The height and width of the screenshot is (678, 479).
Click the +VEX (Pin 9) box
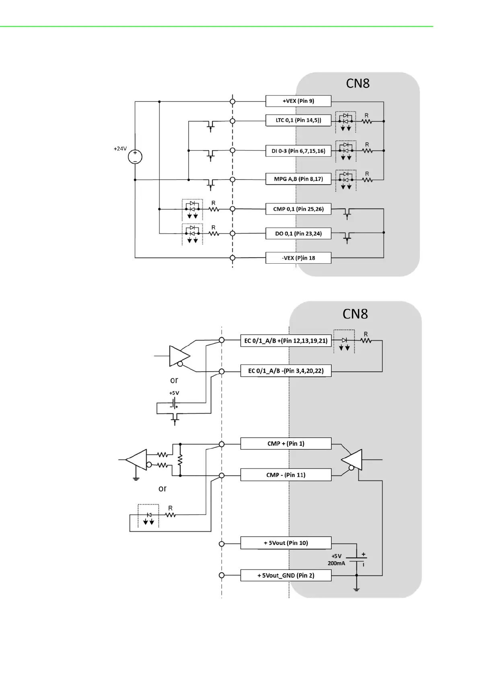click(298, 101)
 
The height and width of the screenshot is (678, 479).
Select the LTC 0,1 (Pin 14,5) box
click(298, 120)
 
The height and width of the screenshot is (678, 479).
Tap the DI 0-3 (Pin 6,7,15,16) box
click(298, 151)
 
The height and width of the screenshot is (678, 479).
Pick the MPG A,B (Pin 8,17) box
click(298, 179)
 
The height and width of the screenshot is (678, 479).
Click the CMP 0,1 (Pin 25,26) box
click(298, 209)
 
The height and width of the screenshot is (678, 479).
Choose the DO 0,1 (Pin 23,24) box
click(298, 234)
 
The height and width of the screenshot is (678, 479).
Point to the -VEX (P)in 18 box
click(298, 258)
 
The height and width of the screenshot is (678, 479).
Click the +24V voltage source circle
click(135, 157)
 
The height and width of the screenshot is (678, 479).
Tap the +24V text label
click(120, 149)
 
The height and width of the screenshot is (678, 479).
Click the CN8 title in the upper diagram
click(358, 83)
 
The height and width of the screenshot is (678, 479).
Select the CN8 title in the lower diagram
click(355, 314)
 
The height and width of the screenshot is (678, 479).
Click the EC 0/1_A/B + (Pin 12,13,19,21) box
click(286, 341)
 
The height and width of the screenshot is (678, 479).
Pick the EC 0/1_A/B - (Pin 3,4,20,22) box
click(286, 371)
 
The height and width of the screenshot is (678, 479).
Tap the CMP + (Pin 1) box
click(286, 444)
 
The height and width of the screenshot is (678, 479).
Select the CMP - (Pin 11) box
click(286, 475)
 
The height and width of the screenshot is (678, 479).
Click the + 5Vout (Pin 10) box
click(286, 543)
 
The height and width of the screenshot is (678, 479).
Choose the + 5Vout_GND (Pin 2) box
click(286, 575)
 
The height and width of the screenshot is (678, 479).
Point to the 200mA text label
click(336, 563)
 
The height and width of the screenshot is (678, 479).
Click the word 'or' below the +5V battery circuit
click(162, 489)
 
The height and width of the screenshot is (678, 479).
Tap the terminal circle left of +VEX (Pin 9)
click(232, 101)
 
